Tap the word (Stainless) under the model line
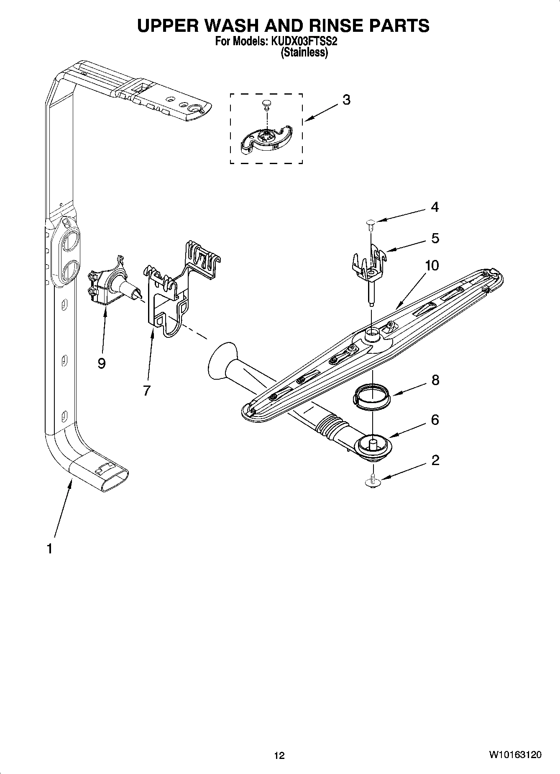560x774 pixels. click(x=304, y=53)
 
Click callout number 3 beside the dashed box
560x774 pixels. click(x=346, y=100)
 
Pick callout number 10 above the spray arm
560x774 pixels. click(x=432, y=265)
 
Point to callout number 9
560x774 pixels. click(x=101, y=363)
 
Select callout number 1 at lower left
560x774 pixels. click(x=49, y=548)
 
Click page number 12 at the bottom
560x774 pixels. click(x=279, y=755)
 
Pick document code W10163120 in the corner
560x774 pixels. click(x=515, y=755)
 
